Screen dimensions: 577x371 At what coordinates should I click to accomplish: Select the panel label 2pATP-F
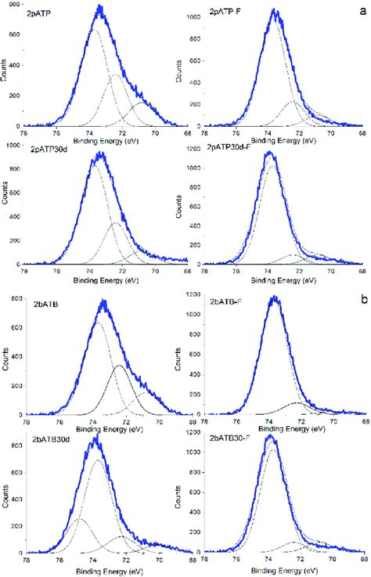point(227,14)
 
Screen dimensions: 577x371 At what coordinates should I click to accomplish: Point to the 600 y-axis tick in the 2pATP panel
point(15,35)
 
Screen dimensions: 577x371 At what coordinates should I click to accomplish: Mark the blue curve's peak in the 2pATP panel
point(99,8)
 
